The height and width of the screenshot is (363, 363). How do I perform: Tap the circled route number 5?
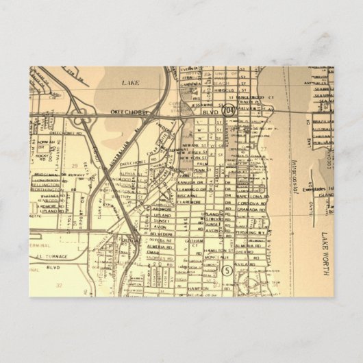[x=227, y=271]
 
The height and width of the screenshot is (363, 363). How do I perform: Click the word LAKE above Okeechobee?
[x=130, y=82]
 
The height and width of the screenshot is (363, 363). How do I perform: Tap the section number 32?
[x=60, y=285]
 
